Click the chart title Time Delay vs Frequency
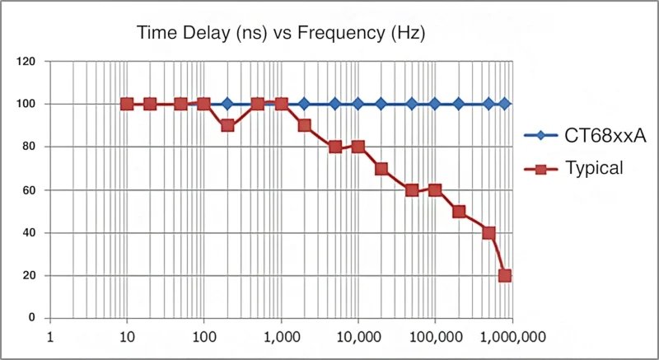coord(281,34)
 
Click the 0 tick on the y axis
coord(32,318)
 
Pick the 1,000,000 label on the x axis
coord(512,336)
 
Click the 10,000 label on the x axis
coord(358,336)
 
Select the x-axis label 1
coord(50,336)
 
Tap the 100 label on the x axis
coord(203,336)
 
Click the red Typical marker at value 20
coord(505,275)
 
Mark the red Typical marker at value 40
coord(488,232)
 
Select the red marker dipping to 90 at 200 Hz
coord(227,125)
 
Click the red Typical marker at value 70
coord(381,168)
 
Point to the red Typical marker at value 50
coord(459,211)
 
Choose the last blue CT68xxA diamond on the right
coord(505,104)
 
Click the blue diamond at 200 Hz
coord(227,104)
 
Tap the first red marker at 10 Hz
coord(127,104)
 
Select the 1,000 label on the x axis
coord(281,336)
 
